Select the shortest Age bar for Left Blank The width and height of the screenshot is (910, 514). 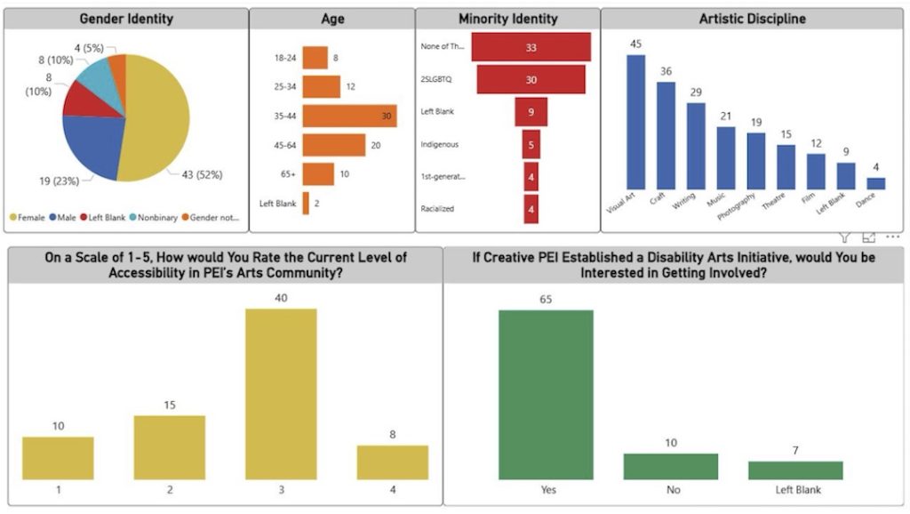[306, 204]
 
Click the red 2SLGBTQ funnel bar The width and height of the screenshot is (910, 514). [531, 79]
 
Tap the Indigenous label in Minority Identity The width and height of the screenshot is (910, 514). [440, 144]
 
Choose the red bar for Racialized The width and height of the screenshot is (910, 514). [531, 209]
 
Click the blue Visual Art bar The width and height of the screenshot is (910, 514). [635, 122]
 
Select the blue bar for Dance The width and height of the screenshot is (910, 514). [876, 183]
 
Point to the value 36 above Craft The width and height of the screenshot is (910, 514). [666, 71]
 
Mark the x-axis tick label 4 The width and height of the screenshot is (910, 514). [392, 490]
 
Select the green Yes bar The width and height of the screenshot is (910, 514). [546, 394]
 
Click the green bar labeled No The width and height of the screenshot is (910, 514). [670, 466]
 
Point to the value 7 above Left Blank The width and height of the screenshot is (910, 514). [795, 451]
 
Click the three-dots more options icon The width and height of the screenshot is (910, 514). [892, 237]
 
